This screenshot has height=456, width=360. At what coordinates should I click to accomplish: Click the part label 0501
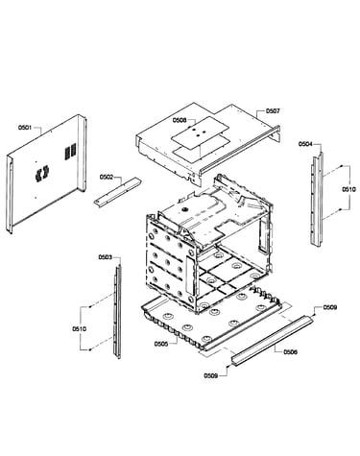coord(25,128)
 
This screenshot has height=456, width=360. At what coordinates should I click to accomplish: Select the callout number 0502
coord(107,177)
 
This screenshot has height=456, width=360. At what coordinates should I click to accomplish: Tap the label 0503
coord(106,257)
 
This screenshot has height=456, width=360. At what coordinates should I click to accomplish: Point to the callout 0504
coord(305,144)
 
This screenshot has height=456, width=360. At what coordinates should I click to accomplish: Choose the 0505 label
coord(161,344)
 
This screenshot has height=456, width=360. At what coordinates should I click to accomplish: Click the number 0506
coord(290,352)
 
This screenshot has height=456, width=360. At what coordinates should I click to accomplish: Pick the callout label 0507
coord(273,111)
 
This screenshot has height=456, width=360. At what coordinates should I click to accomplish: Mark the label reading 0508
coord(180,120)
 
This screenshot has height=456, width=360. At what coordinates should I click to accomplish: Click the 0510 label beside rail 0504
coord(348,189)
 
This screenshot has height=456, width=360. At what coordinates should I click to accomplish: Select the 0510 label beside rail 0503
coord(79,328)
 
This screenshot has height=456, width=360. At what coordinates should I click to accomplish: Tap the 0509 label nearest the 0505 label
coord(210,375)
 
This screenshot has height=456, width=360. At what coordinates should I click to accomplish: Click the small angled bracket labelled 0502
coord(118,192)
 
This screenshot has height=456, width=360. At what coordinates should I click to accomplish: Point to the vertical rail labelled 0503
coord(118,310)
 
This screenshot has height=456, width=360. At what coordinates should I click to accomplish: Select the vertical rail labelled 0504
coord(317,199)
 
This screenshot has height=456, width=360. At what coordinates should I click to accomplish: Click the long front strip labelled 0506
coord(273,340)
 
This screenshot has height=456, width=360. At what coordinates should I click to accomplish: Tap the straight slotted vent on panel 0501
coord(71,152)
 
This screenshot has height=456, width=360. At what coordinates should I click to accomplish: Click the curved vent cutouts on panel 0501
coord(42,174)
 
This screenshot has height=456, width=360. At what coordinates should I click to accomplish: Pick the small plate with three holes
coord(201,132)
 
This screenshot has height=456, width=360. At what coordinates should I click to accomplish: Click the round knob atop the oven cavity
coord(184,208)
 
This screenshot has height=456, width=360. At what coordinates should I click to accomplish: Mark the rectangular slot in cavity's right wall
coord(263,236)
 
